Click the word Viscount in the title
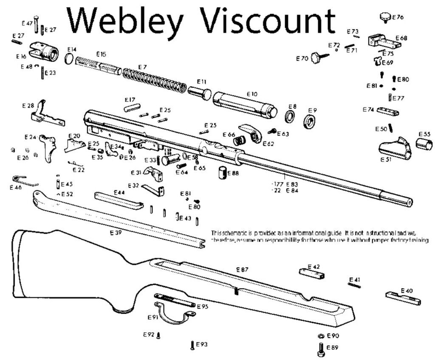click(268, 20)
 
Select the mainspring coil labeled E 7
click(155, 80)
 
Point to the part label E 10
click(252, 93)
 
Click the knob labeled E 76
click(384, 18)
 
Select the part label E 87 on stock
click(242, 270)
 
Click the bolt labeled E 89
click(321, 349)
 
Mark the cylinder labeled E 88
click(222, 174)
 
